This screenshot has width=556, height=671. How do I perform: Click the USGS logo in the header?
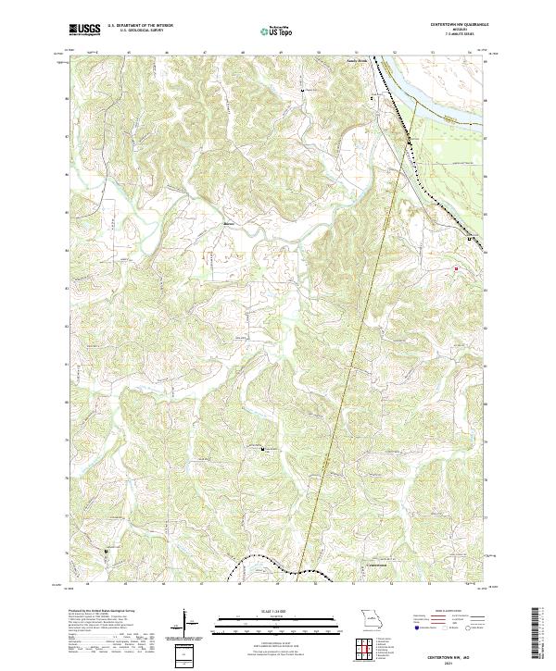pos(84,30)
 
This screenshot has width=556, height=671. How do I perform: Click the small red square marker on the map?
pos(456,269)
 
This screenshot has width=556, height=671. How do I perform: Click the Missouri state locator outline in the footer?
pos(370,618)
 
